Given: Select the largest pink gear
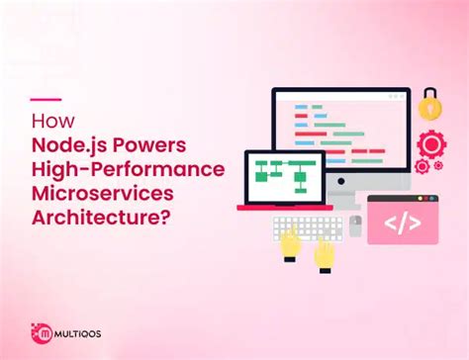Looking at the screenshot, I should pyautogui.click(x=431, y=145).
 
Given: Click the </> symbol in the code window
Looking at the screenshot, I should pyautogui.click(x=402, y=225).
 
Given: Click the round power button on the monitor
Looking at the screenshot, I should pyautogui.click(x=341, y=190).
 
